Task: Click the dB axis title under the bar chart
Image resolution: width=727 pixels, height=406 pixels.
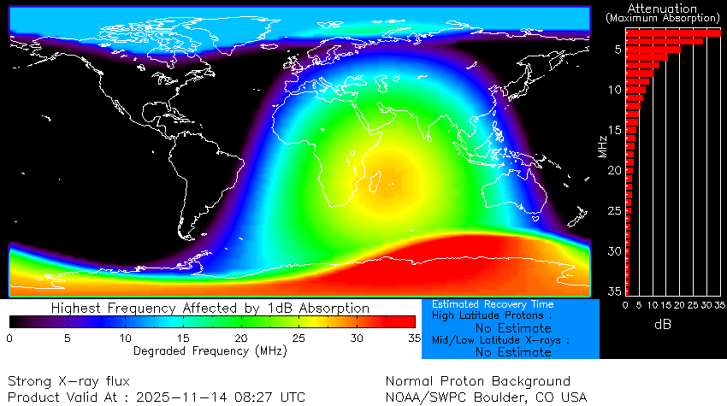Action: [663, 325]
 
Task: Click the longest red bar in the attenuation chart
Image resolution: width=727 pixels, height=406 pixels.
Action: [672, 32]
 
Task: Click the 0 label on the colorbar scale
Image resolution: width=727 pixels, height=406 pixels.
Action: [9, 338]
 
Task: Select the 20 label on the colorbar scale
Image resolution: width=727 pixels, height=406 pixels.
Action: [241, 338]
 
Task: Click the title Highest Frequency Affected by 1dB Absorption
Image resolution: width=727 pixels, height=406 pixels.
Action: [210, 308]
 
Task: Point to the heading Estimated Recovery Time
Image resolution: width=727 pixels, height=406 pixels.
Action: [493, 304]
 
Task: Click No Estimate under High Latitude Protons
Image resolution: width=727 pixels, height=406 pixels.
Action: [513, 327]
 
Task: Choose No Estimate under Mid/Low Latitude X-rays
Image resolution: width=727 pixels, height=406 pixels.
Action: [513, 351]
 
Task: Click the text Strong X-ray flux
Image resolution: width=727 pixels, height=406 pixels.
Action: [69, 381]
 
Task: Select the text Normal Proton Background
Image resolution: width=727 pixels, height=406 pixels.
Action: [477, 381]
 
